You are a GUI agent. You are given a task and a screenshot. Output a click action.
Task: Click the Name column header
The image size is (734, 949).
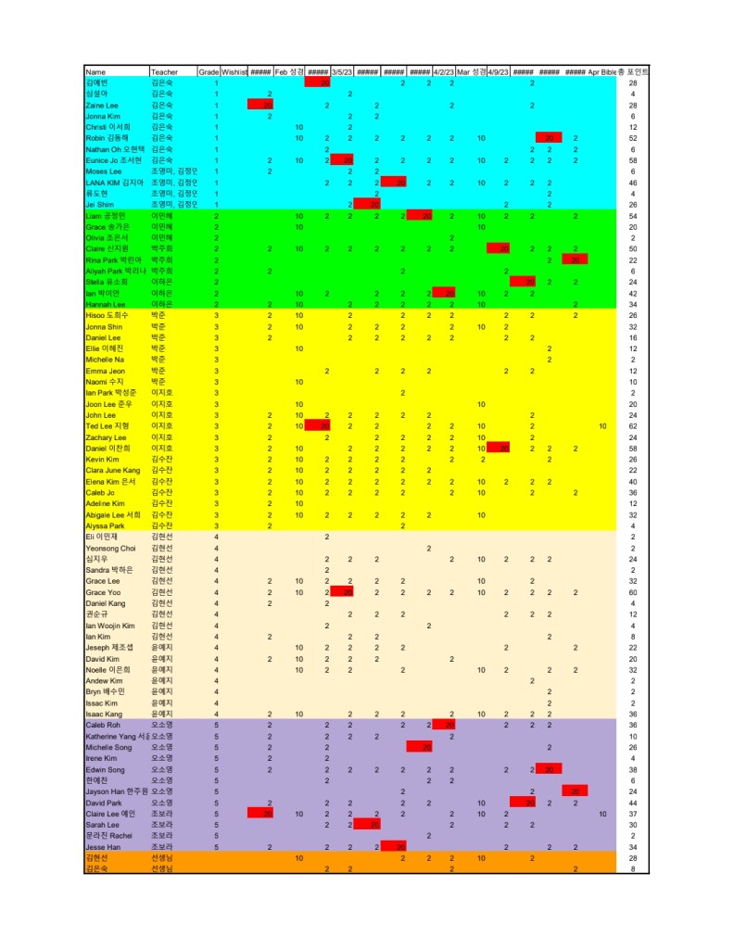95,71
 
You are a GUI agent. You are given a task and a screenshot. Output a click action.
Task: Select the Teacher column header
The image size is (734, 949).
163,71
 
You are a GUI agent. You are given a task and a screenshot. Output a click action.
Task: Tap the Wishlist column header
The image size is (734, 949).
234,71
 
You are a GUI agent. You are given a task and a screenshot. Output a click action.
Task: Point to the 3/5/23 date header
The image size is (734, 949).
341,71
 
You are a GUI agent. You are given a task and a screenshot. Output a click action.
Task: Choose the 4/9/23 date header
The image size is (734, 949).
498,71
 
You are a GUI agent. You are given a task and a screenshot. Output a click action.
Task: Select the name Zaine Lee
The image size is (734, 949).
102,106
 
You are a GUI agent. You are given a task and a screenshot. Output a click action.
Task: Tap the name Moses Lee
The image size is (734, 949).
103,171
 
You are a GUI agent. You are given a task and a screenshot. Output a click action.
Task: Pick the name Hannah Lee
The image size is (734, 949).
104,304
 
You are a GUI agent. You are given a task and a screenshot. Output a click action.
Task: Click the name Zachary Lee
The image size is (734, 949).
106,437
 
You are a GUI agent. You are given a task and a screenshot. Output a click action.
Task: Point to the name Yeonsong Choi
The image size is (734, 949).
110,548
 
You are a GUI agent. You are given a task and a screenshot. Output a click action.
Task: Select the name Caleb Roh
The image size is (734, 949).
102,725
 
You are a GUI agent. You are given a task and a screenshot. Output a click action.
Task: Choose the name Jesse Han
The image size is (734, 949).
102,846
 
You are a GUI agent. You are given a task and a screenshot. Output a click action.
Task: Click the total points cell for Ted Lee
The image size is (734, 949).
632,425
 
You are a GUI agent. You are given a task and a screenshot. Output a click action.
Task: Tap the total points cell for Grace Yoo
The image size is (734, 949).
632,591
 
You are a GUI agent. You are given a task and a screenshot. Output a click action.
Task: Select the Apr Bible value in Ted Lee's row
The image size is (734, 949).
602,425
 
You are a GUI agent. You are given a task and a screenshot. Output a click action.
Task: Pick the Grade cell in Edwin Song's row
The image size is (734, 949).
216,769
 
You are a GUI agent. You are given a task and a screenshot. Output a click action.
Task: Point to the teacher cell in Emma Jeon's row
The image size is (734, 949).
158,371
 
